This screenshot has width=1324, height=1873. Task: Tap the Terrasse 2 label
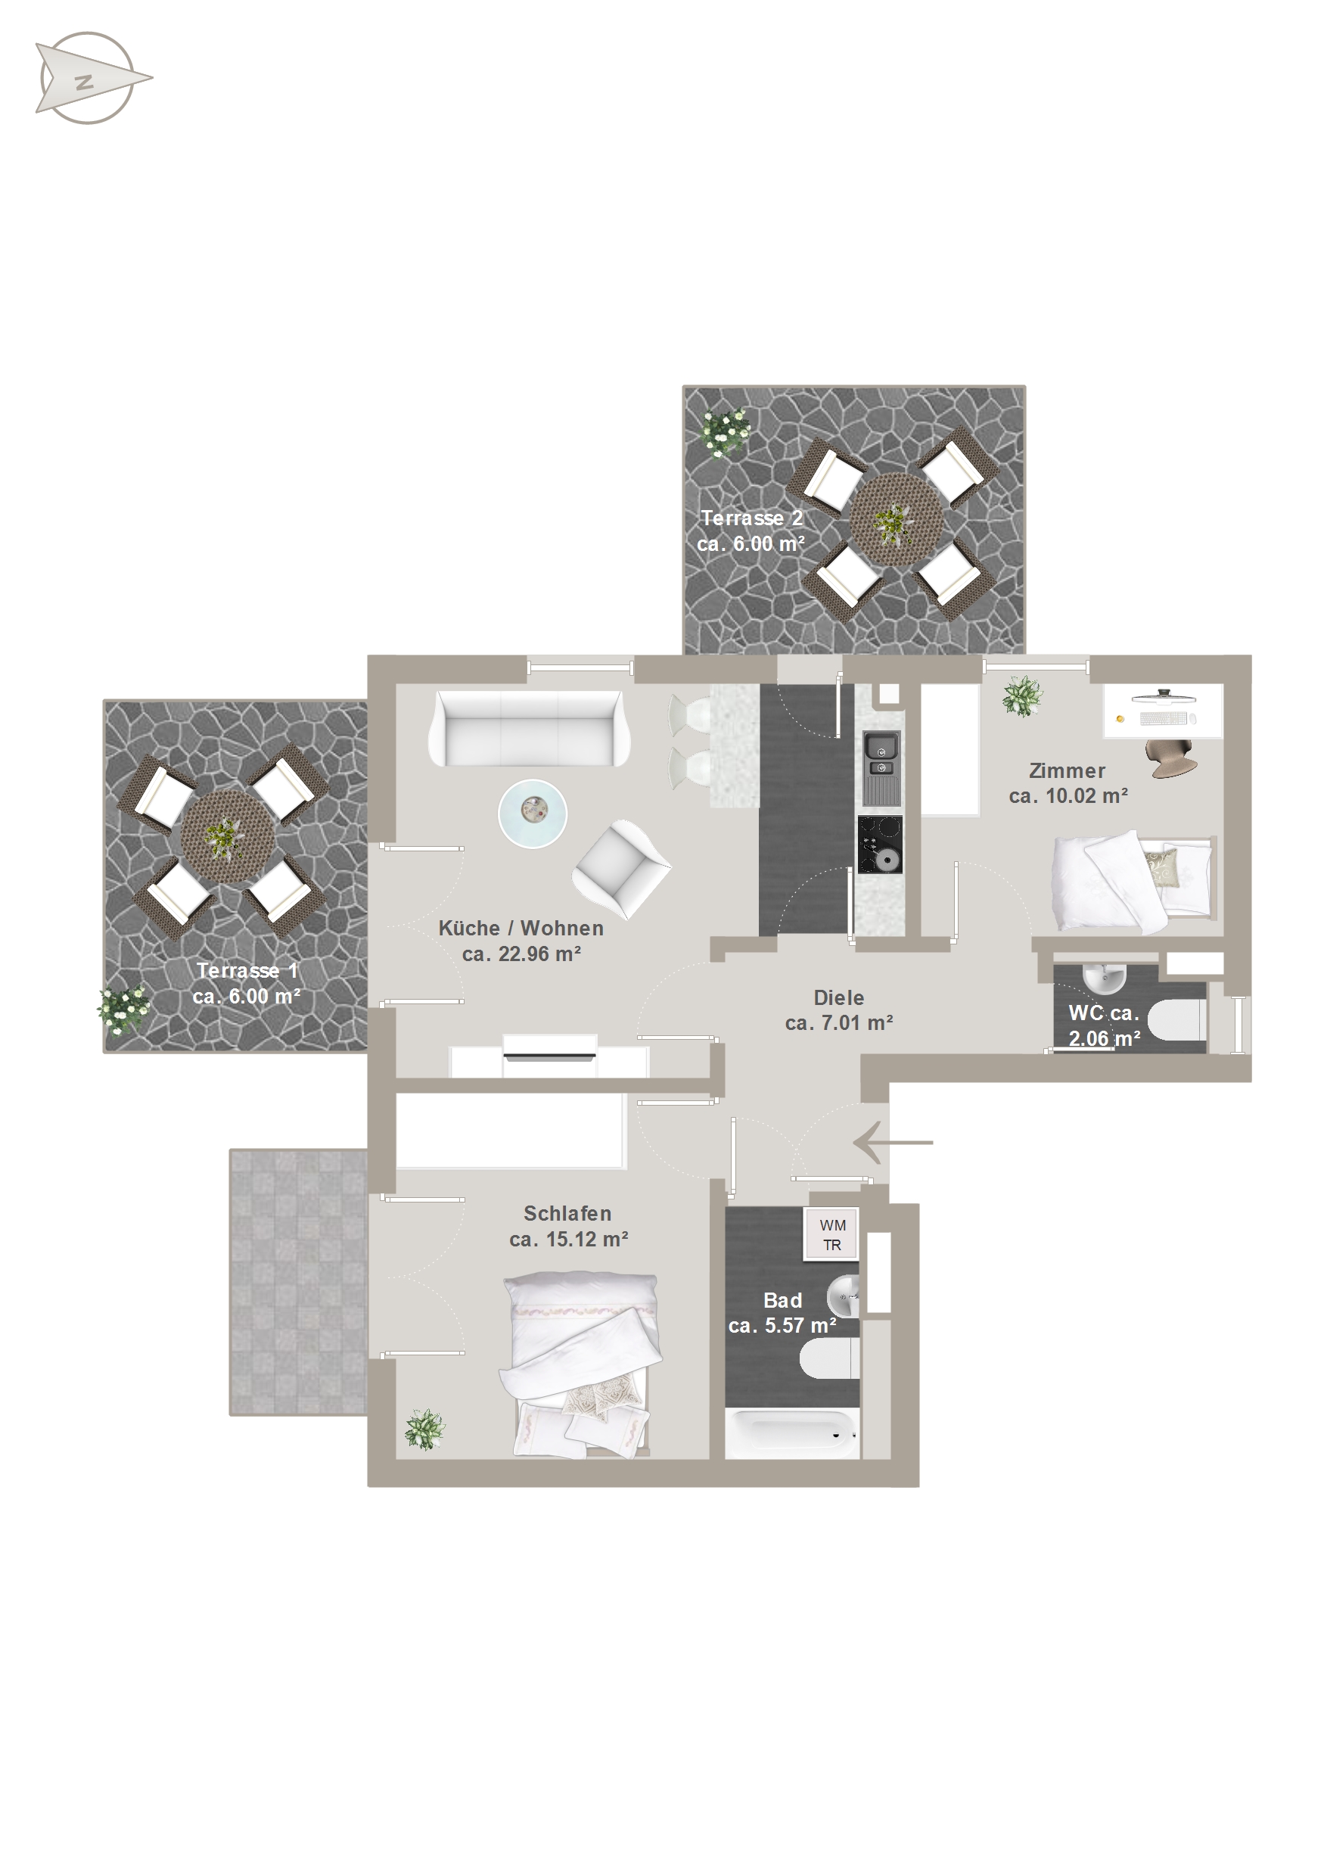pos(751,518)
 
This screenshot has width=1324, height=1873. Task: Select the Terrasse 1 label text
pos(247,971)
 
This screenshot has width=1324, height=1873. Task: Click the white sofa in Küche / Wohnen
pos(529,729)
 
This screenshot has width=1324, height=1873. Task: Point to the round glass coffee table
pos(533,814)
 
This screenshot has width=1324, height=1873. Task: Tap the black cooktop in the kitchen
pos(880,844)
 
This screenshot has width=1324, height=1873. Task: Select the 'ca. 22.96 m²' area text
pos(521,954)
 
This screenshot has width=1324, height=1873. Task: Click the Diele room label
pos(838,997)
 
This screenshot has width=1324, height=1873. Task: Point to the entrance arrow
pos(894,1142)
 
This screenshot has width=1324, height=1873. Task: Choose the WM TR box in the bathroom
pos(832,1235)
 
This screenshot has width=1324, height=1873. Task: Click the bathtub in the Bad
pos(792,1435)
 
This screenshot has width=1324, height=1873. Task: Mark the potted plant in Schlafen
pos(424,1430)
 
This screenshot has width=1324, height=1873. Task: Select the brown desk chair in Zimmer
pos(1171,758)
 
